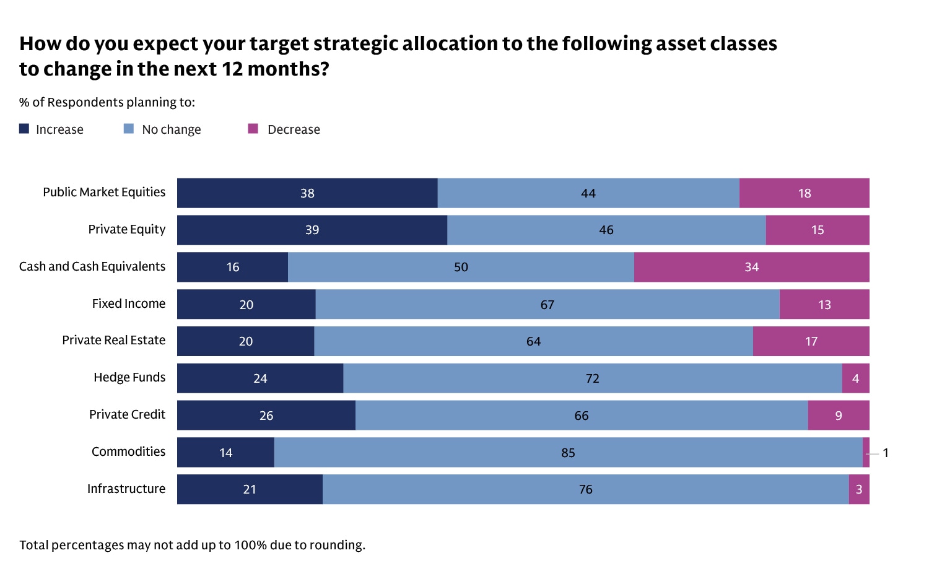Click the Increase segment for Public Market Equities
(307, 193)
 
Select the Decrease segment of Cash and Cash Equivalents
(751, 267)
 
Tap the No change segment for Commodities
(568, 453)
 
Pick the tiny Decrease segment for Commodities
(866, 453)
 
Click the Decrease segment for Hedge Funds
(855, 378)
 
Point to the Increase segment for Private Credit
(266, 416)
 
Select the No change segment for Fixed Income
(547, 304)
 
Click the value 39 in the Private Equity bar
(312, 230)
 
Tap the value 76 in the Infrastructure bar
(585, 489)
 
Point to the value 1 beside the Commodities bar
(886, 453)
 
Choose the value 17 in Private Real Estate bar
(811, 341)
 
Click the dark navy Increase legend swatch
(24, 129)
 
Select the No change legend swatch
(129, 129)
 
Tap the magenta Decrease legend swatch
(253, 129)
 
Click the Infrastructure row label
(126, 489)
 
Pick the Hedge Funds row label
(129, 377)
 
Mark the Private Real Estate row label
(114, 340)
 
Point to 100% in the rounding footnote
(250, 545)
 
